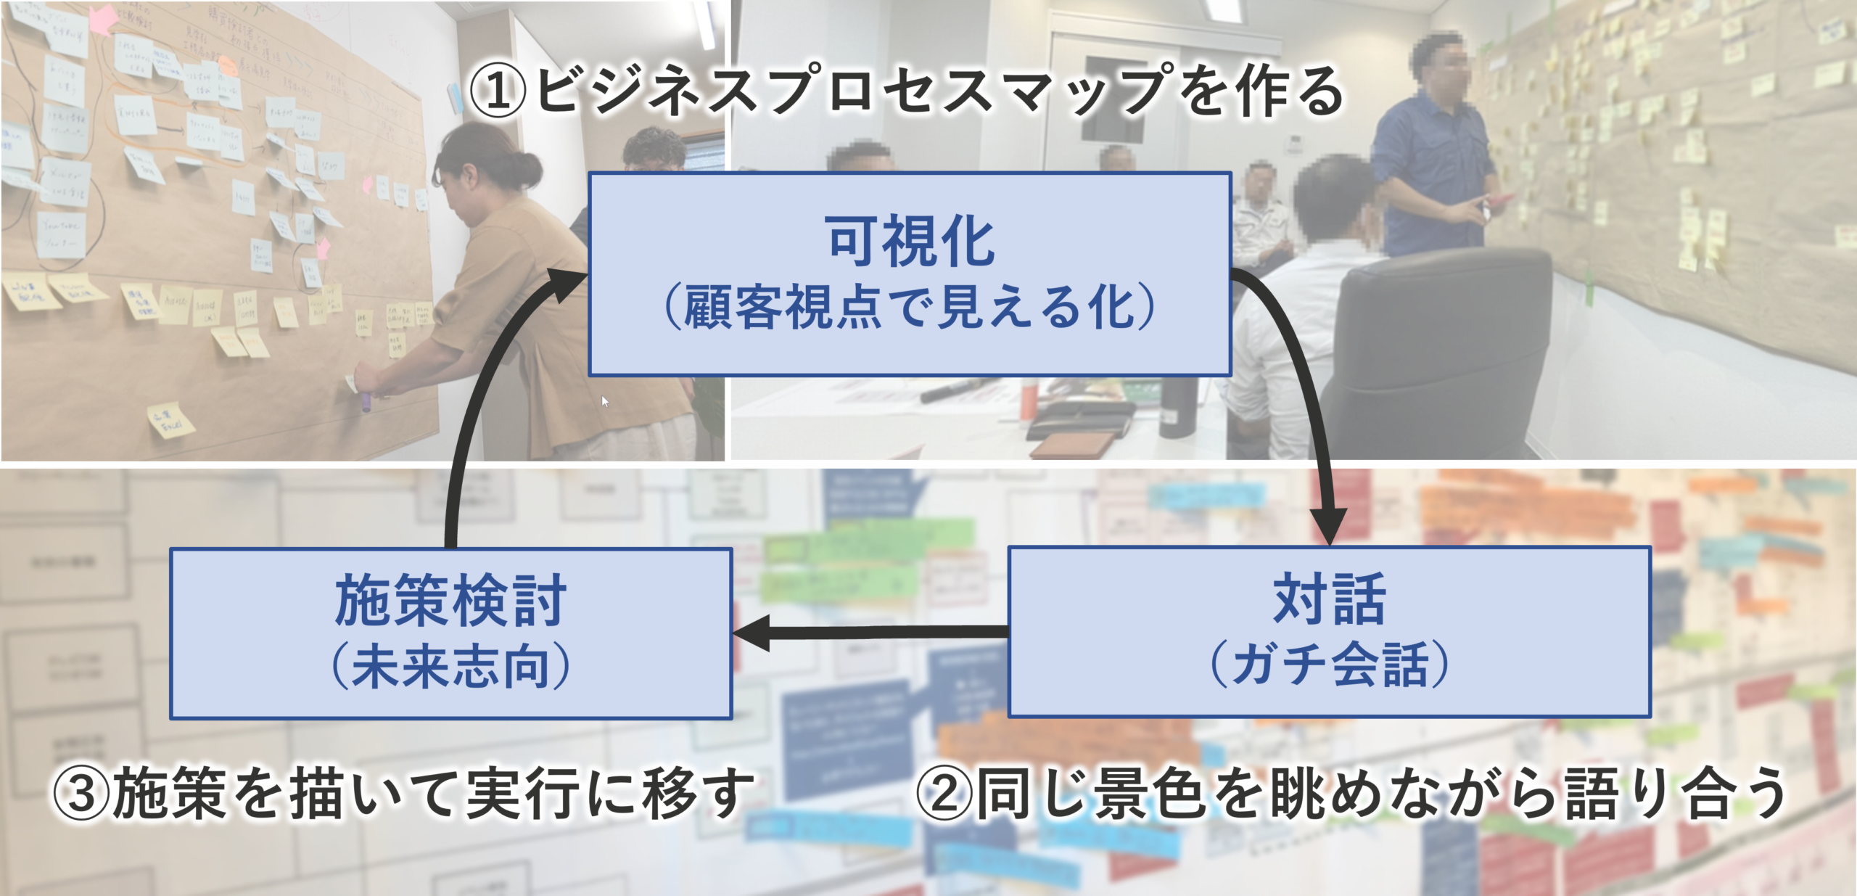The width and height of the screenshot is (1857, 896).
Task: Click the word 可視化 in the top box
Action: (x=910, y=242)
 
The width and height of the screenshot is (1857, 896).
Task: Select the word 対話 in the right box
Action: (x=1329, y=599)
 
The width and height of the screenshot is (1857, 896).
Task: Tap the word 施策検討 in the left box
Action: (x=450, y=601)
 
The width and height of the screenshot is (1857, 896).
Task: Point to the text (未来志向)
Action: (x=450, y=666)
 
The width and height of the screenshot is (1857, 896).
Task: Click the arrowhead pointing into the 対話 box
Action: (x=1329, y=526)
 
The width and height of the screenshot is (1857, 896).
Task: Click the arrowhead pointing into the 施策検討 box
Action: (x=751, y=633)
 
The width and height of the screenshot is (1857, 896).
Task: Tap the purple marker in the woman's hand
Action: (x=367, y=401)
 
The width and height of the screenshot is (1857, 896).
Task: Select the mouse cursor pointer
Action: (x=605, y=401)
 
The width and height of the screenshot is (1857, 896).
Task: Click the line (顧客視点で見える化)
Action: (x=910, y=308)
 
